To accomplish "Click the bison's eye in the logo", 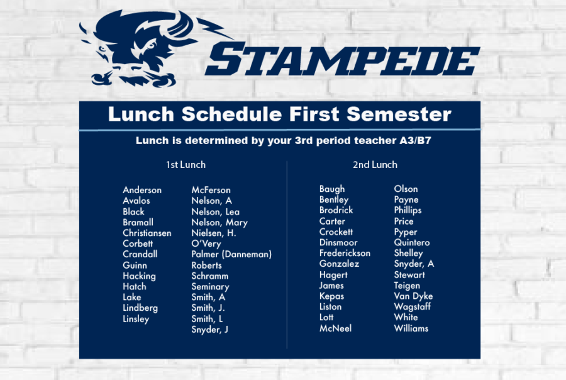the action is click(x=150, y=47).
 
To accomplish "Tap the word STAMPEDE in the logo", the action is click(x=342, y=59).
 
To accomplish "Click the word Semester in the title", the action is click(x=399, y=114).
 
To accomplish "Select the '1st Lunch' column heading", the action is click(x=186, y=165).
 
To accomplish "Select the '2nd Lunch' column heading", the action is click(x=375, y=165).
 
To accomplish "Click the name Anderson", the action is click(x=142, y=190).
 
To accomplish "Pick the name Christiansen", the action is click(x=147, y=233).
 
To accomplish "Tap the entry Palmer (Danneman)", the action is click(x=231, y=254).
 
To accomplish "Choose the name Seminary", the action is click(x=210, y=287).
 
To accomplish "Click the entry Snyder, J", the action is click(x=209, y=330).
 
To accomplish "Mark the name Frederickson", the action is click(x=345, y=253).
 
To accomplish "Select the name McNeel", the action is click(x=335, y=328).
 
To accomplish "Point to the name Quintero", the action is click(x=412, y=243).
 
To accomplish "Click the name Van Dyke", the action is click(x=413, y=296).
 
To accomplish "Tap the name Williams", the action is click(x=411, y=328).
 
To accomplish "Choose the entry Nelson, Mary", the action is click(x=219, y=223).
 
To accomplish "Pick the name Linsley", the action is click(x=136, y=319).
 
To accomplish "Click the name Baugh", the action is click(x=332, y=189).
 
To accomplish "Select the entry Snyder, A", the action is click(x=414, y=264).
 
